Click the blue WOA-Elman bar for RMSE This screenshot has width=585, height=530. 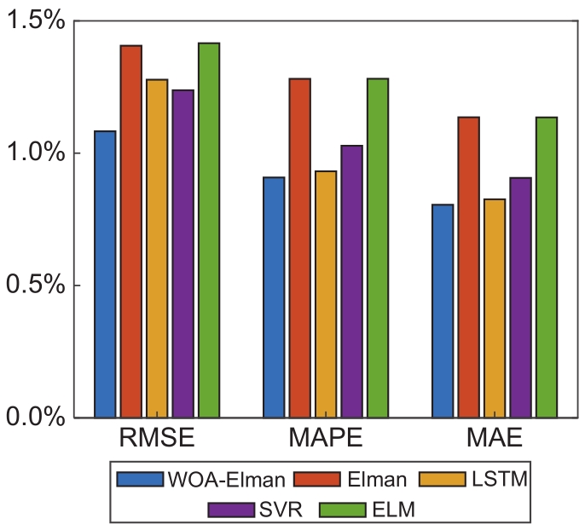click(x=106, y=274)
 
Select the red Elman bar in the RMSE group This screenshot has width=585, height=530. click(x=131, y=232)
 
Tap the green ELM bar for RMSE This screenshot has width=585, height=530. click(x=208, y=230)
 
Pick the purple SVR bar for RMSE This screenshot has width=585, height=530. click(x=182, y=254)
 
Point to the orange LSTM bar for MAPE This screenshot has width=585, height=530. click(x=326, y=295)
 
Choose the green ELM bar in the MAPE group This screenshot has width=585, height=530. click(x=377, y=248)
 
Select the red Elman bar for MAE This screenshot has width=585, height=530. click(x=468, y=268)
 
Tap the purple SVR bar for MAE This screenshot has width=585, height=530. click(x=519, y=297)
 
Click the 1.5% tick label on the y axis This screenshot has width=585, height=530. click(x=36, y=21)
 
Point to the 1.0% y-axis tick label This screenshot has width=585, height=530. click(x=36, y=153)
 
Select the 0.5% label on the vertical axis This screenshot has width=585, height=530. click(x=36, y=285)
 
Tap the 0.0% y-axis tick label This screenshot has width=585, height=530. click(x=36, y=418)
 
